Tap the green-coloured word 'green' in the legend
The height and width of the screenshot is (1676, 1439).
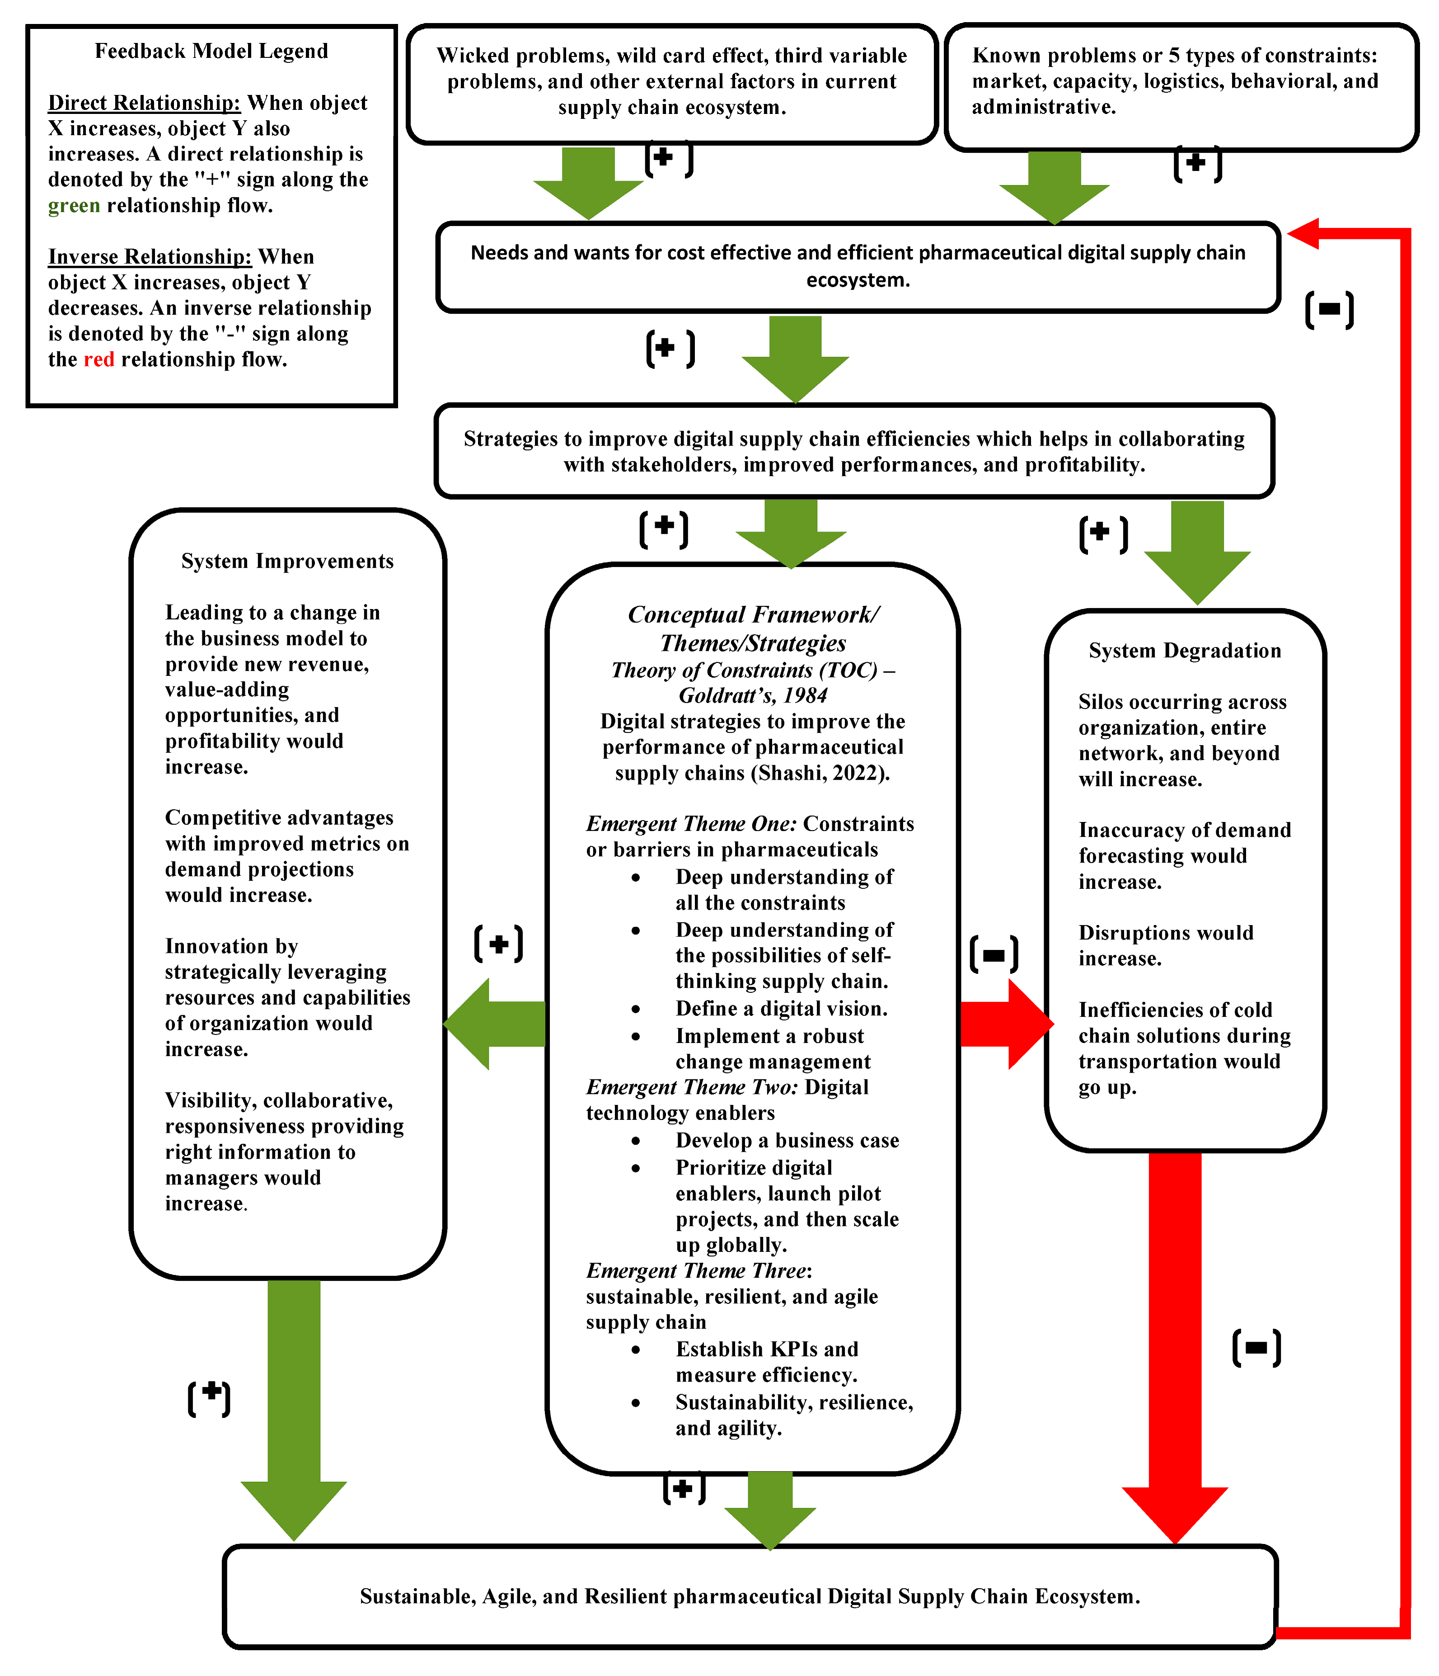coord(74,205)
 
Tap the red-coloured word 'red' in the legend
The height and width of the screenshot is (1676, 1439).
coord(98,359)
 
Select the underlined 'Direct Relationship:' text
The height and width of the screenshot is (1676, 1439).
coord(144,103)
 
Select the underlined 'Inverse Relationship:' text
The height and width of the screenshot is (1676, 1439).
coord(150,256)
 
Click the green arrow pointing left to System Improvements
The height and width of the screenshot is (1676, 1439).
coord(495,1024)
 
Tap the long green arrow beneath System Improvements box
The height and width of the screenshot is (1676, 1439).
coord(294,1407)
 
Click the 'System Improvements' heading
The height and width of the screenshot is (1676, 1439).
coord(287,562)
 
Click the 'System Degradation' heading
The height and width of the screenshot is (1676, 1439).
coord(1184,650)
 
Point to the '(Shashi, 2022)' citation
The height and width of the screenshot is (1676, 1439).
coord(820,773)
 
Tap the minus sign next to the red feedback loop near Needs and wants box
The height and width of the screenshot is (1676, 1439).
coord(1329,310)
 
